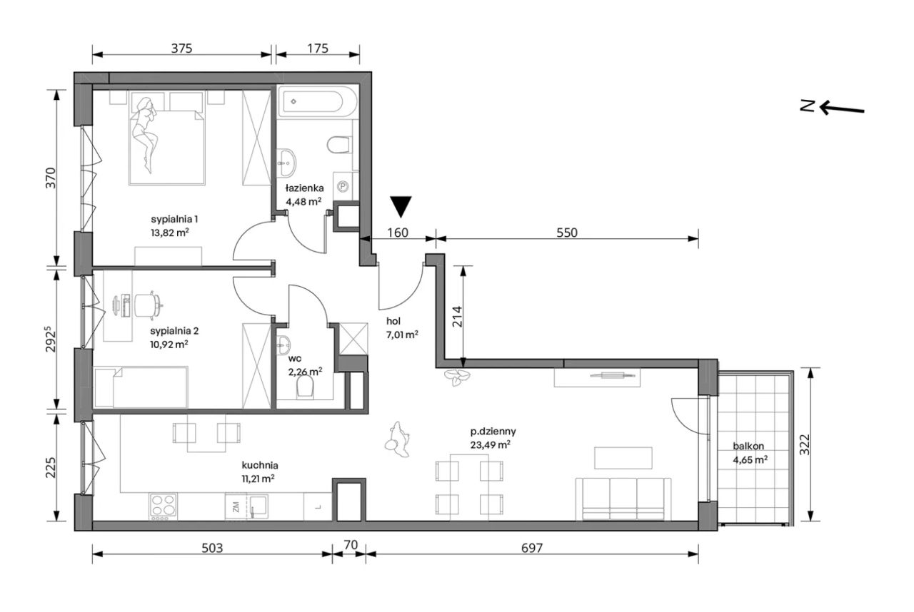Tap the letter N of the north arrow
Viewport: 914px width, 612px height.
click(807, 106)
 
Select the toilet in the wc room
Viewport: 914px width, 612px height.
click(305, 385)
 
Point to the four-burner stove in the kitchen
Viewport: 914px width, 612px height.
click(164, 506)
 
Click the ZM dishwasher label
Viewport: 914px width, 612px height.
click(236, 507)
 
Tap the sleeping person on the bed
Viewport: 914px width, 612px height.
click(145, 135)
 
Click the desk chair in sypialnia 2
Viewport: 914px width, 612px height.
click(148, 305)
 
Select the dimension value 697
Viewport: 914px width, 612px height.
click(532, 548)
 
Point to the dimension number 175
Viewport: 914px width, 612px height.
click(318, 49)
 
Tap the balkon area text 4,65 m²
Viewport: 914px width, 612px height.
click(750, 460)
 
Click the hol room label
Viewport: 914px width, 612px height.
click(393, 321)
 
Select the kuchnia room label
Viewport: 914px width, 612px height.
click(260, 465)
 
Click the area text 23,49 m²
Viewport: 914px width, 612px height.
click(490, 444)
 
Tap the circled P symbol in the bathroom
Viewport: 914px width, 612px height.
click(343, 187)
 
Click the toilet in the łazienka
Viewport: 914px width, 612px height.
click(339, 145)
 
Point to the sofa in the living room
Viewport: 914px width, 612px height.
click(623, 499)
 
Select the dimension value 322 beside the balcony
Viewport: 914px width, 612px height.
click(804, 444)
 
